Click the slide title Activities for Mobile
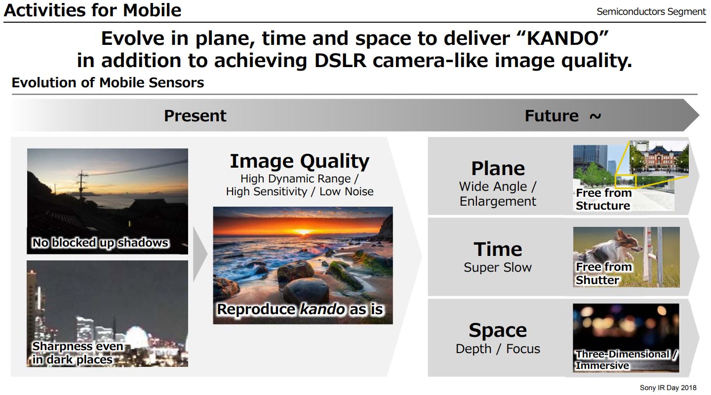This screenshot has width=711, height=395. (92, 10)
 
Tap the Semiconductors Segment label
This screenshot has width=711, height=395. (651, 12)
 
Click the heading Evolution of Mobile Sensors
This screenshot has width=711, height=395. (108, 82)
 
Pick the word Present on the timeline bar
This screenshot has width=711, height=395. (195, 116)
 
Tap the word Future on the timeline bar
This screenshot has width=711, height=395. (551, 116)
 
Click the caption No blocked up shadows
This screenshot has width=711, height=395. (100, 243)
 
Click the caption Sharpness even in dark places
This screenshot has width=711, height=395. (77, 353)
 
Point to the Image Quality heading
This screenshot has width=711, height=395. (299, 161)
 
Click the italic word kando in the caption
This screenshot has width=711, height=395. (322, 310)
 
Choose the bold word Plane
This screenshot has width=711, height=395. (498, 169)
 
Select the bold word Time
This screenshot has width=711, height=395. (498, 250)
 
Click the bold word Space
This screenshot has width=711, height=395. (498, 330)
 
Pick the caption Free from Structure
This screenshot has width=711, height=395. (603, 200)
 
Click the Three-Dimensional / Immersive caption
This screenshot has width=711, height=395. (626, 360)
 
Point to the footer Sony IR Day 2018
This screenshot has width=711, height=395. (668, 388)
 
